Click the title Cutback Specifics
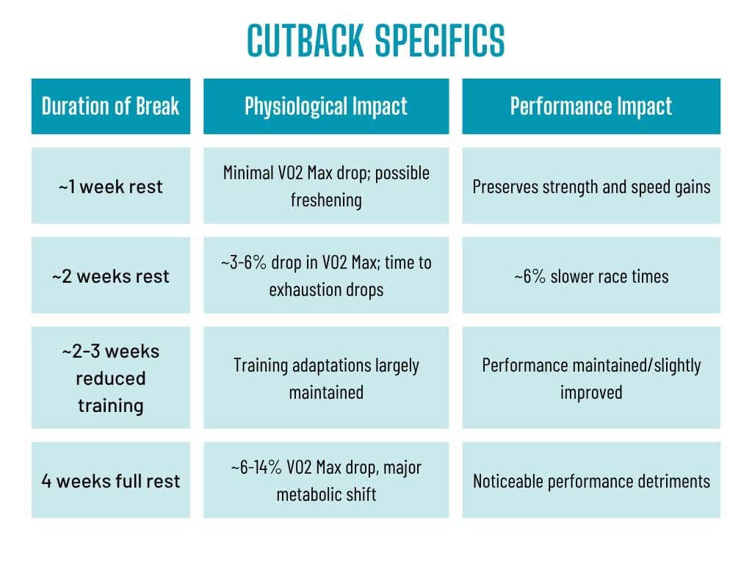coord(375,40)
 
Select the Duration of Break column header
coord(110,106)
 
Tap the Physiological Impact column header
coord(326,106)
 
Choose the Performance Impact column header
coord(591,106)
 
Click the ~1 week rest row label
coord(110,186)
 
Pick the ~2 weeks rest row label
coord(110,276)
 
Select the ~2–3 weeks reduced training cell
coord(110,378)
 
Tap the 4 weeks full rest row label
coord(110,481)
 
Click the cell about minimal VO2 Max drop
coord(326,186)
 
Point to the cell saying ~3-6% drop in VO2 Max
coord(326,276)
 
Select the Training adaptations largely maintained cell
coord(326,378)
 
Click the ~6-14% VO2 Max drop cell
coord(326,481)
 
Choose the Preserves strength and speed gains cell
coord(591,186)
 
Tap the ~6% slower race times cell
coord(591,276)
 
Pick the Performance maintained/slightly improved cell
coord(591,378)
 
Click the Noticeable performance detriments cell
coord(591,481)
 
